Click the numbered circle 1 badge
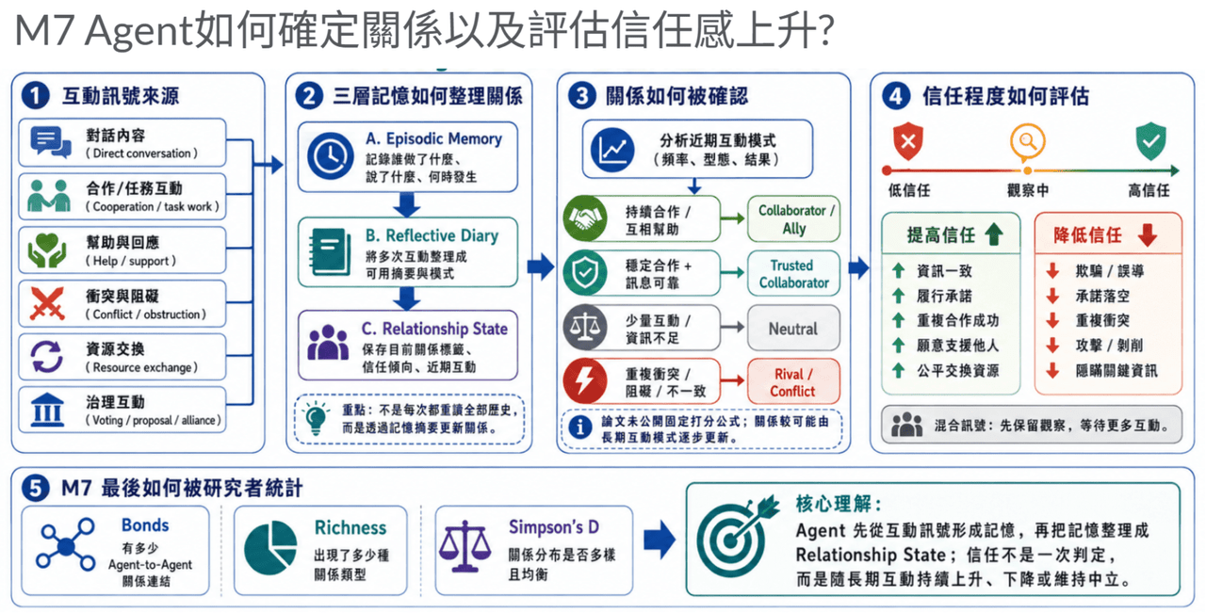pos(36,96)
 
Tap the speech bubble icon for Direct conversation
pos(51,142)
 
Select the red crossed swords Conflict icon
pos(47,303)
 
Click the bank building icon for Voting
pos(47,411)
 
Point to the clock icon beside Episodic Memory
pos(330,156)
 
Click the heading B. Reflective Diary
pos(432,235)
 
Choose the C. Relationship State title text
pos(434,329)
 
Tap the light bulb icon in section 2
pos(316,418)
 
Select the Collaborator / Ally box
pos(794,218)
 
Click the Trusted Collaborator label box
pos(794,273)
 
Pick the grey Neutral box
pos(793,329)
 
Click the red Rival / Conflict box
pos(793,381)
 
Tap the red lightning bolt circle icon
pos(585,381)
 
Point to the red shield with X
pos(908,141)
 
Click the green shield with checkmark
pos(1151,141)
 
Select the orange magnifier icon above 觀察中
pos(1027,142)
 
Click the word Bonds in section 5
pos(145,524)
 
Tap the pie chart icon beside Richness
pos(270,547)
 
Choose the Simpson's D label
pos(553,527)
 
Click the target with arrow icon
pos(737,536)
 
